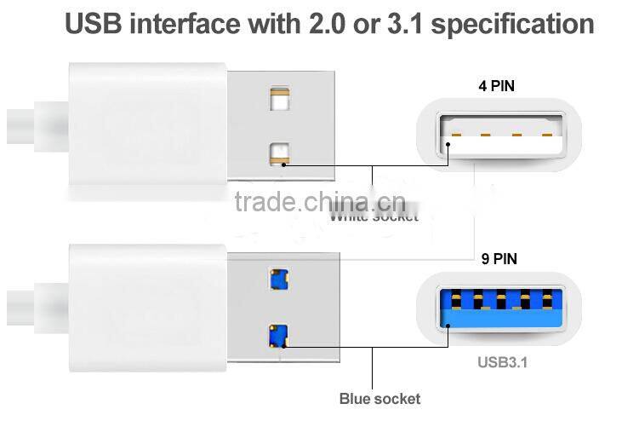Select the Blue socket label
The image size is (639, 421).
379,398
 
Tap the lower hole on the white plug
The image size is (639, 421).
279,153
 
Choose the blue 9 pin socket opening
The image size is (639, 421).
501,310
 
